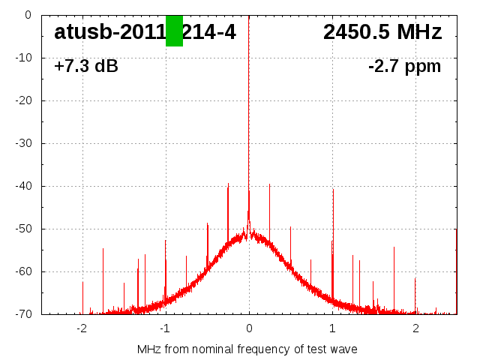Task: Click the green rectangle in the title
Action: pyautogui.click(x=174, y=31)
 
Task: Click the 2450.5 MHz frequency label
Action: pyautogui.click(x=382, y=32)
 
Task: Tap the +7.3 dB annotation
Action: pyautogui.click(x=86, y=67)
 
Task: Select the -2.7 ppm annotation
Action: pyautogui.click(x=404, y=67)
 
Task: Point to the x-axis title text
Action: pyautogui.click(x=247, y=349)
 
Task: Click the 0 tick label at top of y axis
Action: pyautogui.click(x=27, y=15)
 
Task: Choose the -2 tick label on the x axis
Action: pyautogui.click(x=82, y=328)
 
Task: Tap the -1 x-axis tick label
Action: pyautogui.click(x=165, y=328)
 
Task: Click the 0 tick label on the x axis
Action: pyautogui.click(x=249, y=328)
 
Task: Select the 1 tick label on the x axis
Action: pyautogui.click(x=332, y=328)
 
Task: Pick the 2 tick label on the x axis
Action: pyautogui.click(x=415, y=328)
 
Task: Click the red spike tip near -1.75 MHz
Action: pyautogui.click(x=103, y=250)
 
